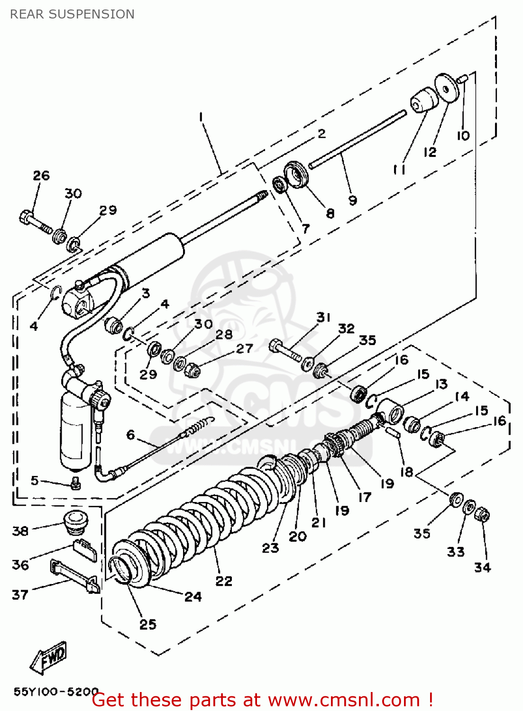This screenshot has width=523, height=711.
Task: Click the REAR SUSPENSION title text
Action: [72, 14]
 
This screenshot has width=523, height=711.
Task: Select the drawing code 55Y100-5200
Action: [56, 692]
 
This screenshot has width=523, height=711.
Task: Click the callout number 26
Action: [41, 175]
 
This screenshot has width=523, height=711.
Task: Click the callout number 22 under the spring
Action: [224, 581]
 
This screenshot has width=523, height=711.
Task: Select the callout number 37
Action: [20, 594]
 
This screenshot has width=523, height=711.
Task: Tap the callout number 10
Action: [463, 136]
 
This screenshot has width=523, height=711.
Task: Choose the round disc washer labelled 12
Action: [448, 88]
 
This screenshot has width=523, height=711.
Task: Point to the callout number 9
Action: [352, 200]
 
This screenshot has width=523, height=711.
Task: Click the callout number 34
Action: [482, 567]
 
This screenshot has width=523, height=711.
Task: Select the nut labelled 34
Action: [482, 515]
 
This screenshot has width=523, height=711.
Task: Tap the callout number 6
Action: [130, 435]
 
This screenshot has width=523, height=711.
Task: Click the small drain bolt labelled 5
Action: [74, 483]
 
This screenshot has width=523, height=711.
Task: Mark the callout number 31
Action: [323, 317]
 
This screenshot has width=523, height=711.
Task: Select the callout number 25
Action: [147, 624]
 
